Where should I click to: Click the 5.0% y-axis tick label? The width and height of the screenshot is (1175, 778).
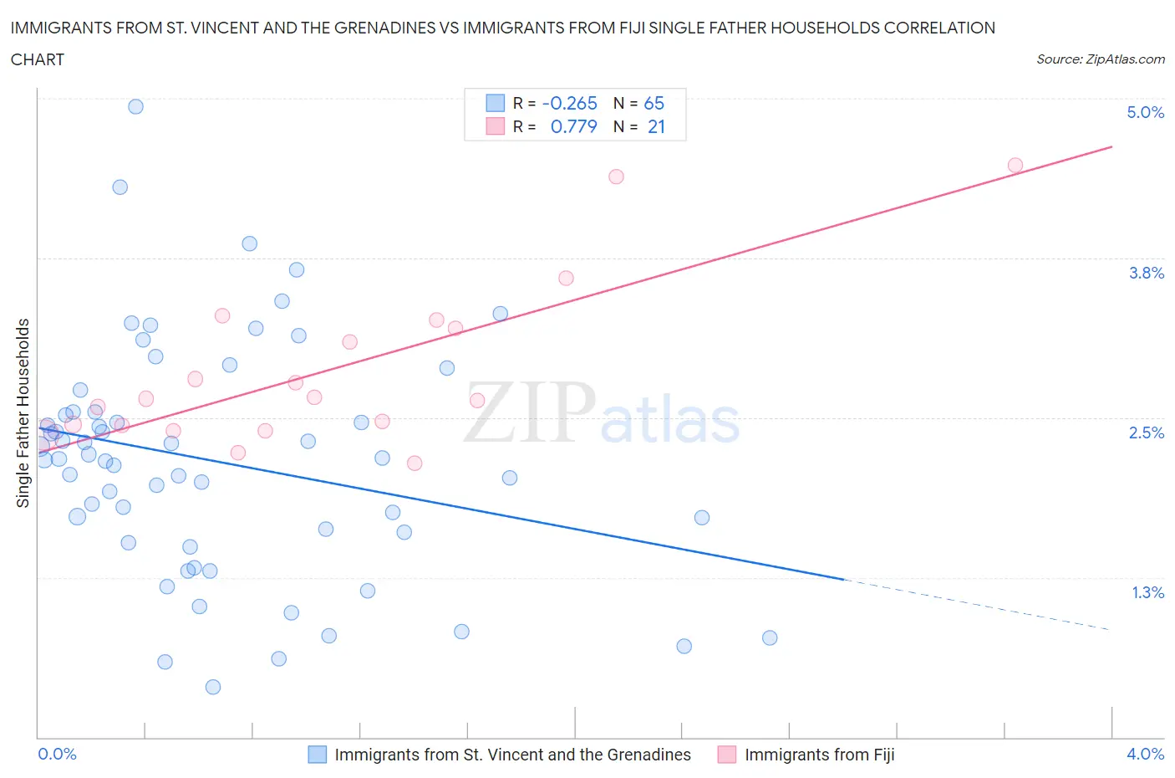coord(1145,112)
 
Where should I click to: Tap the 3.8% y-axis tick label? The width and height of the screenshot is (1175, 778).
coord(1146,273)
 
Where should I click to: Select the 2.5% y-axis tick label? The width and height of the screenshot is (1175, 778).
coord(1146,433)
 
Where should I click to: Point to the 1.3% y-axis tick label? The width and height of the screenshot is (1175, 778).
coord(1147,592)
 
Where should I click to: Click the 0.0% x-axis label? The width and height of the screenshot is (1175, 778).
coord(57,754)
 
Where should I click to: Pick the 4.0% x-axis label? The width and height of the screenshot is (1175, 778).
coord(1145,754)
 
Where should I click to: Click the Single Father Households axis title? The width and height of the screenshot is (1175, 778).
coord(23,412)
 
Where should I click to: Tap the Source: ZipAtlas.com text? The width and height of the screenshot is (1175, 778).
coord(1100,59)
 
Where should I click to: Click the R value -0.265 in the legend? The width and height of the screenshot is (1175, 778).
coord(569,103)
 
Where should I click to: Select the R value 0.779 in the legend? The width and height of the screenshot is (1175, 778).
coord(573,126)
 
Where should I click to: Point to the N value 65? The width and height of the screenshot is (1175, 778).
coord(654,103)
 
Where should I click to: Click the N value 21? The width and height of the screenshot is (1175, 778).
coord(656,126)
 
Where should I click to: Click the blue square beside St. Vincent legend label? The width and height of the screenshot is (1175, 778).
coord(318,755)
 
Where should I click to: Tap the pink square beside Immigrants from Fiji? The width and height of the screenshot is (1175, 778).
coord(727,755)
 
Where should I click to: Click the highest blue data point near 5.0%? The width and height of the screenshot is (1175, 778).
coord(135,106)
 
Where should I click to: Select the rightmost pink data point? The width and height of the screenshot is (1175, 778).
coord(1015,165)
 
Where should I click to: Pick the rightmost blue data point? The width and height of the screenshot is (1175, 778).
coord(770,637)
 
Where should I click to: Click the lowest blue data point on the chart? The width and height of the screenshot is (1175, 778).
coord(213,687)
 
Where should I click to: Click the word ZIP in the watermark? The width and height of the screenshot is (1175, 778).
coord(530,412)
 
